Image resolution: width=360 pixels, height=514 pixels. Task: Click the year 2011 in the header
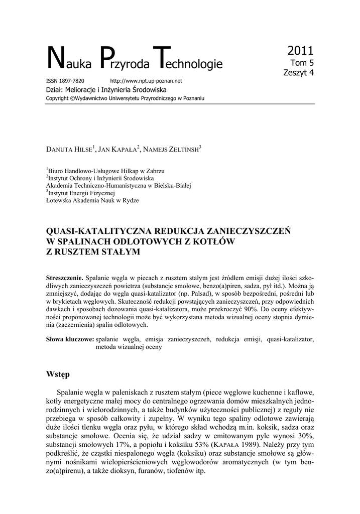(x=300, y=51)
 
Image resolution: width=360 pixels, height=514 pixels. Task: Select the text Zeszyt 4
(x=299, y=73)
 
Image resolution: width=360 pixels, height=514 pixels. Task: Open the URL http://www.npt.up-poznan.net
(x=146, y=81)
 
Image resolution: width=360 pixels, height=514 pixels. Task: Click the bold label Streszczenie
(x=65, y=278)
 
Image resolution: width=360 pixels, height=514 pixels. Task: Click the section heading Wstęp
(x=58, y=374)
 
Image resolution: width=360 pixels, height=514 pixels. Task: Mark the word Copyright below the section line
(x=57, y=98)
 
